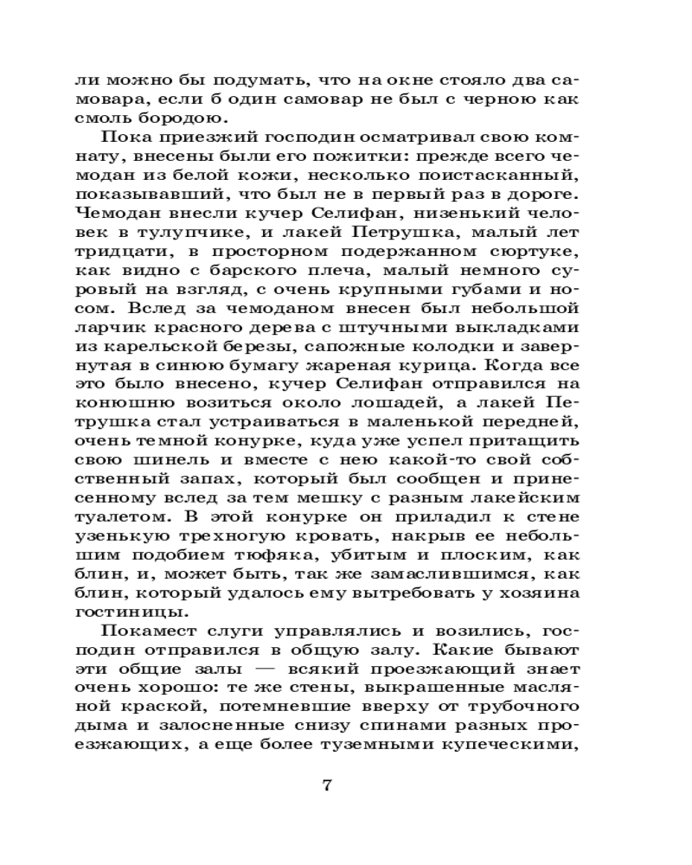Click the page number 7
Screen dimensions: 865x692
point(326,786)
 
